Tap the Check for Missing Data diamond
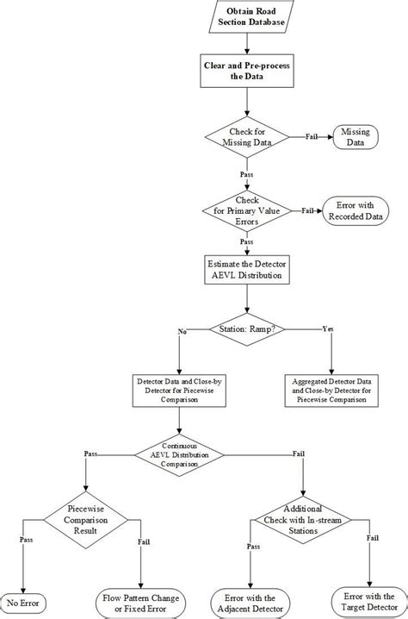[x=247, y=137]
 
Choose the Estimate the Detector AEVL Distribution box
[x=247, y=269]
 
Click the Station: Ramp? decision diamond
[x=247, y=328]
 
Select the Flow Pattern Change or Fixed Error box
[x=140, y=602]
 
